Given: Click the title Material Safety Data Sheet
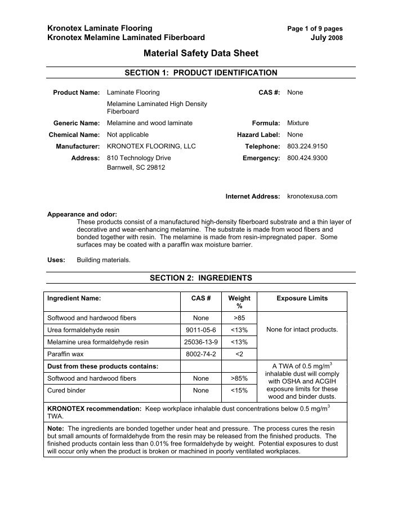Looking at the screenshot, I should pyautogui.click(x=201, y=54).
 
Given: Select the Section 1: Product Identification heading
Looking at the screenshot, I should pyautogui.click(x=201, y=73).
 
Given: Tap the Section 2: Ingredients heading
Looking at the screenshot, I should pyautogui.click(x=201, y=278).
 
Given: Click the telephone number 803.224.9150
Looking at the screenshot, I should pyautogui.click(x=307, y=147).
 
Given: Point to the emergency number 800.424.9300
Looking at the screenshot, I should pyautogui.click(x=307, y=158).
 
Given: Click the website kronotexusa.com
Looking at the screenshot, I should pyautogui.click(x=312, y=196).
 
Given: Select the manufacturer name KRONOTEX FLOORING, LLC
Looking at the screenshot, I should pyautogui.click(x=151, y=147).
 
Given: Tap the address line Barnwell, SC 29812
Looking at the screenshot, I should pyautogui.click(x=136, y=168).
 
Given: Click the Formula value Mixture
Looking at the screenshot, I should pyautogui.click(x=298, y=123).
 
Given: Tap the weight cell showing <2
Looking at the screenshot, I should pyautogui.click(x=239, y=354).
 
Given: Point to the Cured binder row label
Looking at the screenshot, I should pyautogui.click(x=66, y=390).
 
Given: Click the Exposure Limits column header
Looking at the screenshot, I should pyautogui.click(x=302, y=298).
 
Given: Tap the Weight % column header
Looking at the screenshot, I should pyautogui.click(x=239, y=302).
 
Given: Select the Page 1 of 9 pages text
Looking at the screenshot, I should pyautogui.click(x=315, y=28).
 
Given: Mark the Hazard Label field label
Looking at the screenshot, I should pyautogui.click(x=258, y=135).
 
